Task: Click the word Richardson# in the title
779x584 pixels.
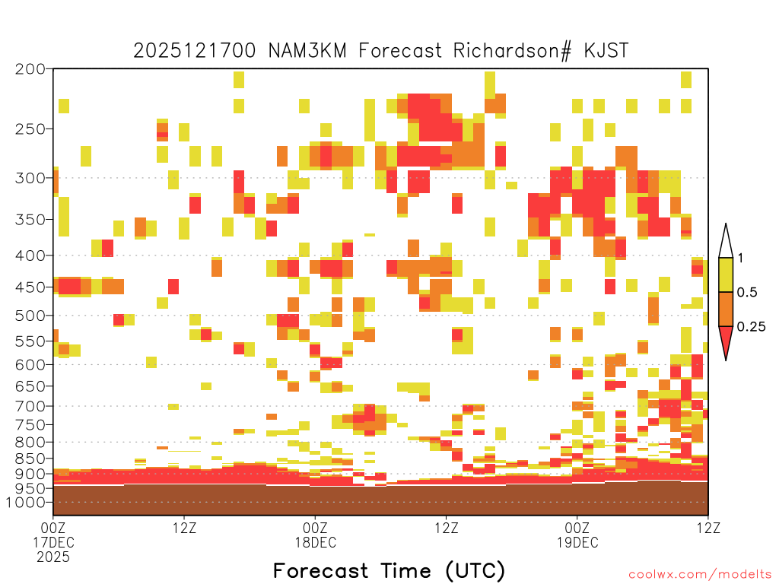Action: (512, 51)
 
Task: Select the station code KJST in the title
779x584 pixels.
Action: (606, 50)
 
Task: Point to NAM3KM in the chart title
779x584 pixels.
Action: (307, 50)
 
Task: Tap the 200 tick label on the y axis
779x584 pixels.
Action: (30, 69)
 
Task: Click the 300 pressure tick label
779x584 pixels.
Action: (30, 178)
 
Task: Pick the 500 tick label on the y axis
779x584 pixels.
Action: (30, 316)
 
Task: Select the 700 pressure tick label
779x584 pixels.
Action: (30, 406)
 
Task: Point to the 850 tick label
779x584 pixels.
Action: (30, 459)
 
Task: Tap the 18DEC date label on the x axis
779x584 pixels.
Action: (316, 542)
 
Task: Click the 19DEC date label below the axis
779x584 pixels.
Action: (577, 542)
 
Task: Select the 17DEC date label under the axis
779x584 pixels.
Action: (54, 542)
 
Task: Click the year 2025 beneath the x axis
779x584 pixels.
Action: (53, 557)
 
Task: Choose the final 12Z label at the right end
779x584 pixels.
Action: (708, 528)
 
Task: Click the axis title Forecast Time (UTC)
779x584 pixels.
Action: (389, 571)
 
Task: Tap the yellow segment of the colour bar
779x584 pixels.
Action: (726, 275)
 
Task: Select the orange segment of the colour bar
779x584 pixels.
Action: (726, 309)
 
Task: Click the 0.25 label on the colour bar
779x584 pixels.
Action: (751, 327)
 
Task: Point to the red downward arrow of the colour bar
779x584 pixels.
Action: (726, 341)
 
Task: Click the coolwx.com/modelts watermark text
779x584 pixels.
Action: (700, 575)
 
